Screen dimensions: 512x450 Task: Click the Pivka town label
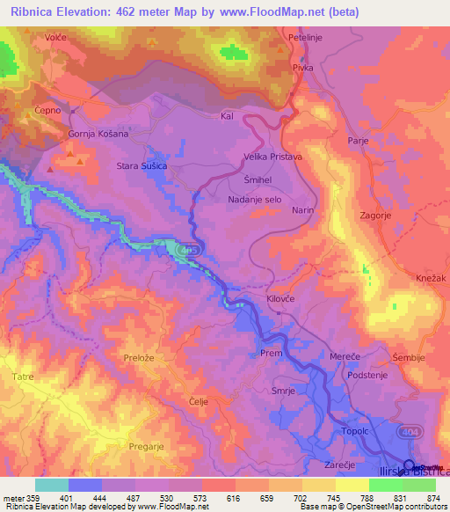pos(303,68)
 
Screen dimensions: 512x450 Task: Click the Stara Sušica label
pos(142,165)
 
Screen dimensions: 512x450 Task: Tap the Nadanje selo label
pos(252,199)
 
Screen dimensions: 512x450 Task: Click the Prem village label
pos(269,353)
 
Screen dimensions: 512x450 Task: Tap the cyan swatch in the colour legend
pos(51,485)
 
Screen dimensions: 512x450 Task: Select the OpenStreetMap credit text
pos(397,507)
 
